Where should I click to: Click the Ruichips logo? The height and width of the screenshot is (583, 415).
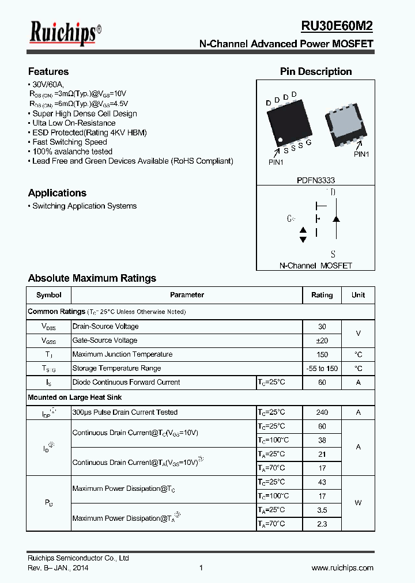click(x=65, y=32)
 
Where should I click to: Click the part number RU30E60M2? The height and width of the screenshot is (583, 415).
click(x=337, y=26)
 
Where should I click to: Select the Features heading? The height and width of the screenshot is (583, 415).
click(x=48, y=71)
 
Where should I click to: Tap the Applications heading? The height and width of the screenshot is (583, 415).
click(x=57, y=193)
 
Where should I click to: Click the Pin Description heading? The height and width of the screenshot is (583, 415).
click(x=316, y=71)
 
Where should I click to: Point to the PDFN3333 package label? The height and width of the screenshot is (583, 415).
click(x=316, y=180)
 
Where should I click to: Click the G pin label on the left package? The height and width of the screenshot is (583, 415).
click(x=309, y=142)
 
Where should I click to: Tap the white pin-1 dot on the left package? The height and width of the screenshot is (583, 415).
click(x=280, y=140)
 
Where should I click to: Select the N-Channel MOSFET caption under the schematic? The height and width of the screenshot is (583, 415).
click(x=316, y=266)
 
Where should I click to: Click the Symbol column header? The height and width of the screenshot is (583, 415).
click(x=49, y=295)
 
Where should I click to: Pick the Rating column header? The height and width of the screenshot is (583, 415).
click(x=322, y=295)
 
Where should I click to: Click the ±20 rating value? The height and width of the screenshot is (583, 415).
click(x=322, y=340)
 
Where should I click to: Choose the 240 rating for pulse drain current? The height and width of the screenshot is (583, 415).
click(x=322, y=412)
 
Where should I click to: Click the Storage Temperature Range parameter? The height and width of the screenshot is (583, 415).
click(x=116, y=368)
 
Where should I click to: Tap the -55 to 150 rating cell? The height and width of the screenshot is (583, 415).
click(x=322, y=369)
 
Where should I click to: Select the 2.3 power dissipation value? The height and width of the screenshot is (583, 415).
click(x=322, y=524)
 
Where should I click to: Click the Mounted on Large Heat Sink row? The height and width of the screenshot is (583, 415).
click(x=75, y=397)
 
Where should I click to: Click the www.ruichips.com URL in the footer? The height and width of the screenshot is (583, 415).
click(x=342, y=567)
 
